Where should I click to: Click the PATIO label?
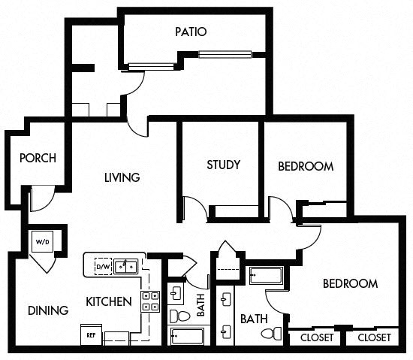(191, 32)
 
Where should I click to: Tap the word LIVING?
(122, 178)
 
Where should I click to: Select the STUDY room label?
(223, 165)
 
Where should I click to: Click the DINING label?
(48, 310)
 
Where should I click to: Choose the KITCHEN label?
(109, 302)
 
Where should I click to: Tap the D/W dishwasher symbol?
(102, 265)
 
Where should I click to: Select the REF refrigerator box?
(90, 334)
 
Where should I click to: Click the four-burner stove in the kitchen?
(150, 301)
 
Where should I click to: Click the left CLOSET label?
(316, 337)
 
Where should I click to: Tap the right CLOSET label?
(373, 337)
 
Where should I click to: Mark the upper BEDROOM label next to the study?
(306, 166)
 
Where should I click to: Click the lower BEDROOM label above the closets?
(349, 283)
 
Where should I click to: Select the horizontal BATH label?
(254, 319)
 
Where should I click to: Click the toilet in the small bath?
(177, 313)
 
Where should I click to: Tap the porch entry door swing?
(41, 199)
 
